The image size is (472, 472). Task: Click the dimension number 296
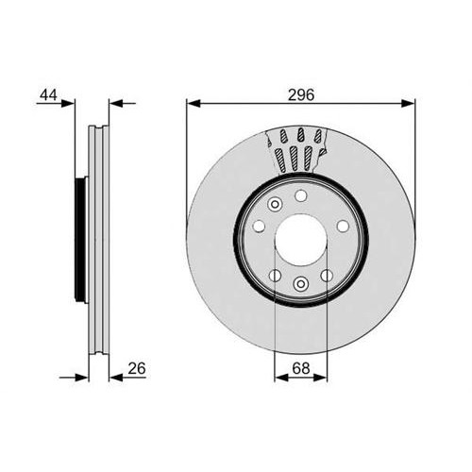click(x=301, y=94)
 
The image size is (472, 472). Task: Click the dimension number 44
click(x=48, y=94)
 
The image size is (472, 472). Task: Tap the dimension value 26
click(x=137, y=368)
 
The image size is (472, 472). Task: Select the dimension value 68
click(x=301, y=368)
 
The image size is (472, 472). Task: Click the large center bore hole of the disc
click(x=301, y=240)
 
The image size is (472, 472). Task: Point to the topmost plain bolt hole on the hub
click(x=301, y=195)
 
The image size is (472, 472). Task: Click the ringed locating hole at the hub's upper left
click(x=275, y=205)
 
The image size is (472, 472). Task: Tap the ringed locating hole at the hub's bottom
click(x=301, y=284)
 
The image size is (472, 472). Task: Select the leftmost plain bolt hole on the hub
click(x=259, y=226)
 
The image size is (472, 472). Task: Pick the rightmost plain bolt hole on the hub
click(x=343, y=226)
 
